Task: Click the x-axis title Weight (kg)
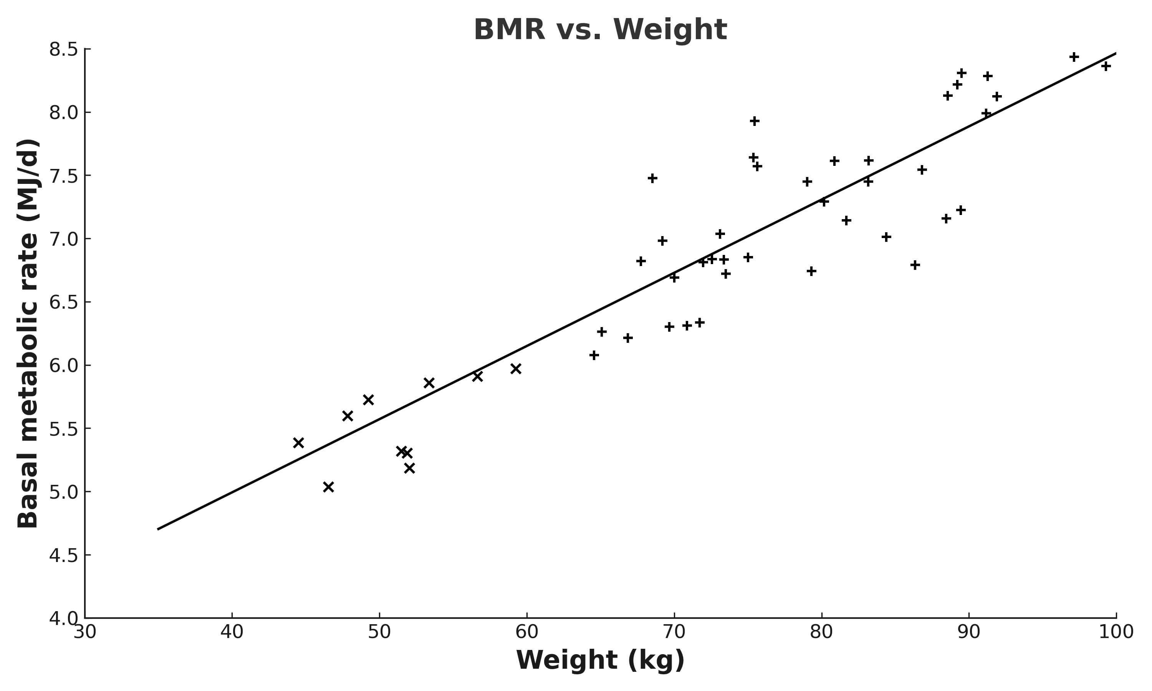[x=600, y=660]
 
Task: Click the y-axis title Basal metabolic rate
[x=28, y=333]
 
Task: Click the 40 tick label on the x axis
[x=232, y=632]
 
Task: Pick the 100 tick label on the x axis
[x=1116, y=632]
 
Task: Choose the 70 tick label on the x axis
[x=674, y=632]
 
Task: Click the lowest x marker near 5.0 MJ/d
[x=328, y=487]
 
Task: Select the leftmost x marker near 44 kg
[x=298, y=443]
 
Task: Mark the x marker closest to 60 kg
[x=515, y=369]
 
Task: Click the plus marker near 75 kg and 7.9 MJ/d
[x=754, y=121]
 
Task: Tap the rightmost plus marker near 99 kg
[x=1106, y=66]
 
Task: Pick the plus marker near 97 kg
[x=1074, y=57]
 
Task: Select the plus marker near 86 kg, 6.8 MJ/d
[x=915, y=265]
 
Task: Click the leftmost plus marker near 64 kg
[x=594, y=355]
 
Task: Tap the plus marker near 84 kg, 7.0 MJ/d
[x=886, y=237]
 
